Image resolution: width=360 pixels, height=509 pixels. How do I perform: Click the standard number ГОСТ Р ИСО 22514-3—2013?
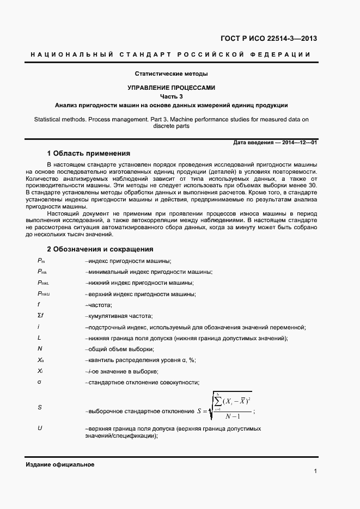269,38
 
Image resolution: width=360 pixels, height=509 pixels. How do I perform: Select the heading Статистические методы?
172,73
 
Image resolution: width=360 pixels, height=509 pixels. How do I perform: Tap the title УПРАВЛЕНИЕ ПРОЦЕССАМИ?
172,87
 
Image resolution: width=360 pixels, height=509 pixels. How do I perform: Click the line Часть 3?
172,96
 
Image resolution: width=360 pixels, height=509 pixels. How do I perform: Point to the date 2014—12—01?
299,143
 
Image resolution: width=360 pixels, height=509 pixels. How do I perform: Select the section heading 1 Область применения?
88,153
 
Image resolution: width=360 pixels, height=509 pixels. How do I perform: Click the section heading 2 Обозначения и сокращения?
100,249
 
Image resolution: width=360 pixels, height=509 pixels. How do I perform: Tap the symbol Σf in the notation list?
40,316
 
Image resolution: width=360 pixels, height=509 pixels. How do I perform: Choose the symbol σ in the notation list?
39,382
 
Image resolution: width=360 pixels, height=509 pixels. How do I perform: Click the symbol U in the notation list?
40,428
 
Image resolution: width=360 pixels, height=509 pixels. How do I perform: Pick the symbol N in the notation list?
40,349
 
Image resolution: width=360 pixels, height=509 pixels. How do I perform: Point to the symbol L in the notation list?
39,338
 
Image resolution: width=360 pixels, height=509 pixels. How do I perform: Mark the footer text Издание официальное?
60,464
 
